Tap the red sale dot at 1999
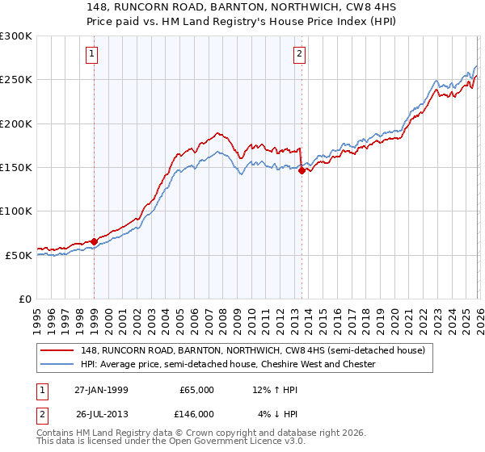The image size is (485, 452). tap(95, 241)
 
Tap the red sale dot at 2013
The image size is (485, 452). tap(302, 170)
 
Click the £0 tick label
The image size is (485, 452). tap(25, 299)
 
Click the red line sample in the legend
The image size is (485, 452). tap(57, 351)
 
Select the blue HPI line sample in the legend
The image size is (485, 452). tap(57, 365)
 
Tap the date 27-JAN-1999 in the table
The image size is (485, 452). tap(101, 390)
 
